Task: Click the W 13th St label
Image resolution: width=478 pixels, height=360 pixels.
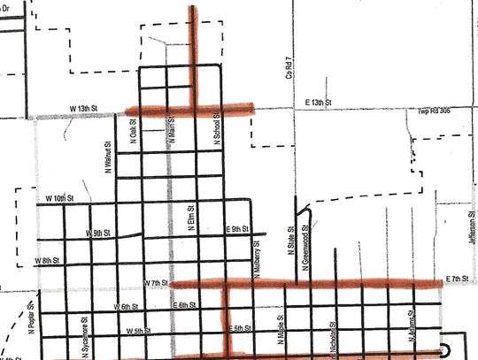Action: (85, 109)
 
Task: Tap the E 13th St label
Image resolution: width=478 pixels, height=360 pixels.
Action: (317, 103)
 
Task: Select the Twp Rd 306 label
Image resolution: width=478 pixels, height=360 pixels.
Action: (436, 112)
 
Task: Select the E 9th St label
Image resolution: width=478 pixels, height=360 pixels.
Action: (236, 229)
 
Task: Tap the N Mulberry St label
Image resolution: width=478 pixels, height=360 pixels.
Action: (257, 255)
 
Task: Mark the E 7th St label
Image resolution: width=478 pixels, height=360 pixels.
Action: (457, 280)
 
